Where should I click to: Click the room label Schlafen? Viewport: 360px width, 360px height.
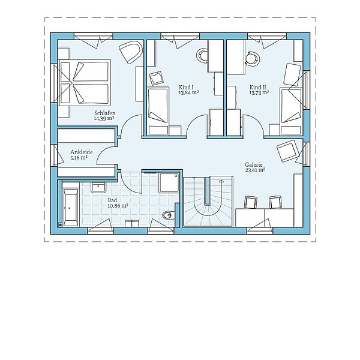[x=104, y=113]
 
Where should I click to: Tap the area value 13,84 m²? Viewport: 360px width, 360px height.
[x=188, y=93]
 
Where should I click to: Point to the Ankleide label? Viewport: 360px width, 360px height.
[x=82, y=152]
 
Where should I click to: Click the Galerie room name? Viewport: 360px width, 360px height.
[x=254, y=164]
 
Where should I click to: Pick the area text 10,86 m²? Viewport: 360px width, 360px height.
[x=118, y=206]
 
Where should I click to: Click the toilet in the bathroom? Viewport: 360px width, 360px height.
[x=168, y=215]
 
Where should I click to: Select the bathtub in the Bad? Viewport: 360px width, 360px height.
[x=70, y=208]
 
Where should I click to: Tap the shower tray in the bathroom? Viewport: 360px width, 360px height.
[x=169, y=183]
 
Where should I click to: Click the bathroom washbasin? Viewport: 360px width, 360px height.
[x=98, y=187]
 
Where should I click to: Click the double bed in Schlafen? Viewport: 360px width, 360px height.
[x=84, y=83]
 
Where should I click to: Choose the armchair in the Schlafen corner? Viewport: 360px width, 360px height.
[x=130, y=52]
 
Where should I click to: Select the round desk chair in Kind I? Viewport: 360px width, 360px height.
[x=203, y=55]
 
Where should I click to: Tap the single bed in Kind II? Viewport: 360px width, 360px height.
[x=291, y=112]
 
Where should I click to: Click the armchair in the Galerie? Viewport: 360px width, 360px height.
[x=287, y=151]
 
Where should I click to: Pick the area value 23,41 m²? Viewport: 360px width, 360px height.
[x=255, y=170]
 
